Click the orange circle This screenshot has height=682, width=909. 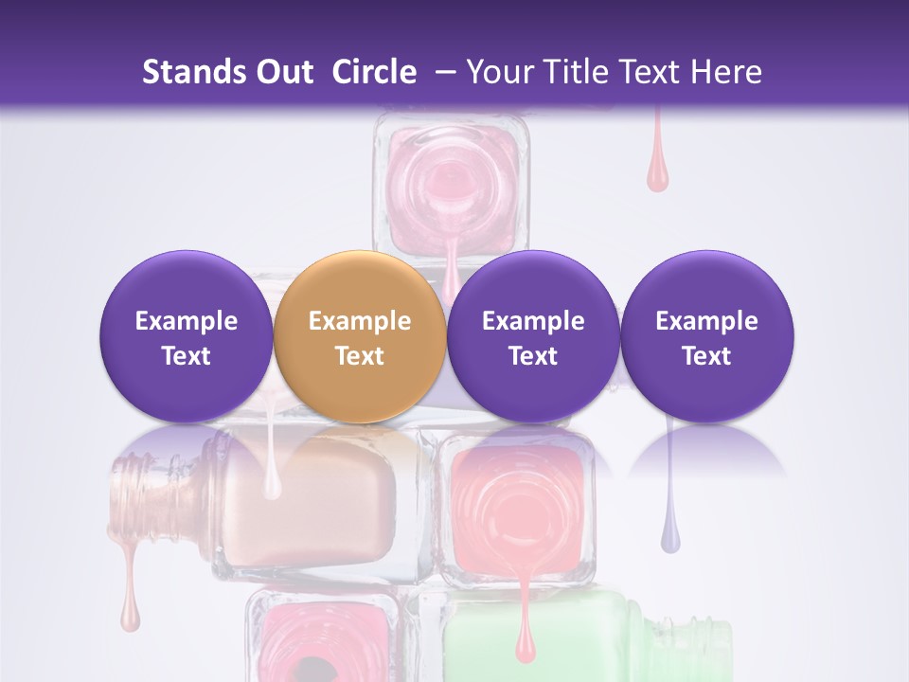coord(360,336)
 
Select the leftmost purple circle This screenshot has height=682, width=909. coord(187,336)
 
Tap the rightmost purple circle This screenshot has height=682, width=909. coord(706,336)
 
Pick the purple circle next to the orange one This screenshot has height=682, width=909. coord(533,336)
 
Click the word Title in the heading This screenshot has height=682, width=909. coord(587,72)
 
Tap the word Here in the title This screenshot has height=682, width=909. coord(724,72)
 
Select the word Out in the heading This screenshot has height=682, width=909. coord(285,72)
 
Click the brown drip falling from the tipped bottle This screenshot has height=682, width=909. coord(130,606)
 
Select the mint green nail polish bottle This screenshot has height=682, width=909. coord(568,635)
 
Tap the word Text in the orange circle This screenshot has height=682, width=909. coord(360,356)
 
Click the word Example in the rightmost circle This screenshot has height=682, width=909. coord(706,321)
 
